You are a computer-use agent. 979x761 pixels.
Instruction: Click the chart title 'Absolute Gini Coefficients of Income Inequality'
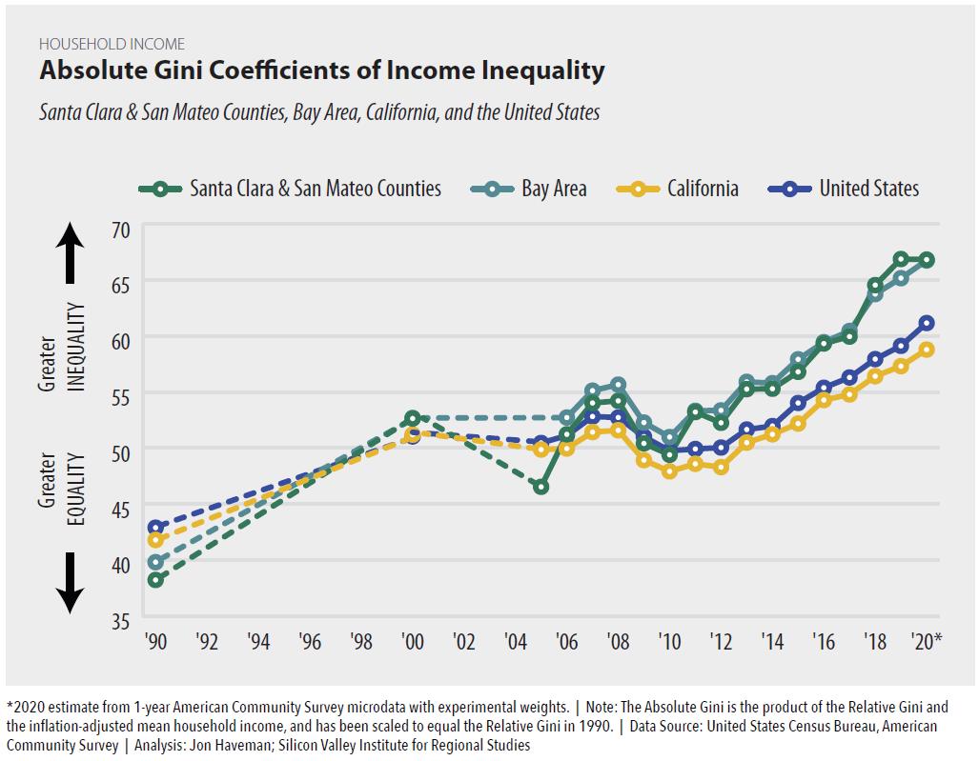321,70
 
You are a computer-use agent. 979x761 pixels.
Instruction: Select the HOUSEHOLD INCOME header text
112,44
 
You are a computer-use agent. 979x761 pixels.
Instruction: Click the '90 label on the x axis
154,641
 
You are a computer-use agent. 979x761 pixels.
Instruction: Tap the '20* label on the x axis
925,641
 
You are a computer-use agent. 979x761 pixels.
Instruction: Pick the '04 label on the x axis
515,641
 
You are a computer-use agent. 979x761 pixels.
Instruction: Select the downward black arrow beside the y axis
70,584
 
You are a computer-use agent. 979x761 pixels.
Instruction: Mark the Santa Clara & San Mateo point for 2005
540,487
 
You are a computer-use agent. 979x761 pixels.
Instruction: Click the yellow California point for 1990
154,540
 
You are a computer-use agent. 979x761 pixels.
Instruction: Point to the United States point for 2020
926,323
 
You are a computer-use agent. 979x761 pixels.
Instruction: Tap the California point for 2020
926,350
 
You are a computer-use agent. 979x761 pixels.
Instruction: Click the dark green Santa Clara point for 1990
154,579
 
